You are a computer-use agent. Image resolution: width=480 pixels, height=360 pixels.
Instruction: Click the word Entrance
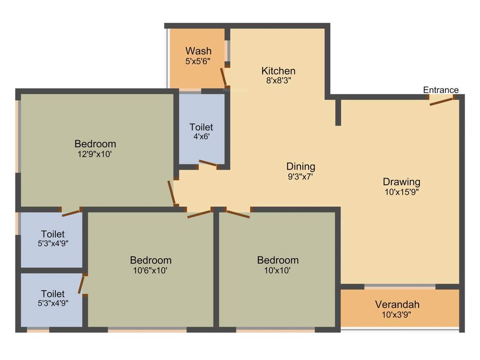441,90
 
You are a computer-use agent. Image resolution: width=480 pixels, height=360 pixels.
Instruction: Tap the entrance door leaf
441,102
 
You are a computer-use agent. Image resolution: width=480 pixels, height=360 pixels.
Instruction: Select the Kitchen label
278,71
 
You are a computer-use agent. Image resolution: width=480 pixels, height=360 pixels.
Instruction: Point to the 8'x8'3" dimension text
278,81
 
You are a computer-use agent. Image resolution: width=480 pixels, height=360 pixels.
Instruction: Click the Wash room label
198,51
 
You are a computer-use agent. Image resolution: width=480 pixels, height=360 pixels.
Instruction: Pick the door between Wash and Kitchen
224,76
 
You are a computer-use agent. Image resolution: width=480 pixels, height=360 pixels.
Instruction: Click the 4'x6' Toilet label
201,127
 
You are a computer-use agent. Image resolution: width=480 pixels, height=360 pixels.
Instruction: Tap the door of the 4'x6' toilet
208,164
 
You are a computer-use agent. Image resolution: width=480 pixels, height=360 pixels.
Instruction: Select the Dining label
300,166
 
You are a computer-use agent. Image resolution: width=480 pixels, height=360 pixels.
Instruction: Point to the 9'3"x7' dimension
300,177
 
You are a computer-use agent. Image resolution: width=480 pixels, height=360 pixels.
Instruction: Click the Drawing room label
401,182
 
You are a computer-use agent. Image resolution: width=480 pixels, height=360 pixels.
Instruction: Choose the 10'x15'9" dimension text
401,192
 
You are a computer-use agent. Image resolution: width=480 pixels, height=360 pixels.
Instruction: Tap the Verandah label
397,305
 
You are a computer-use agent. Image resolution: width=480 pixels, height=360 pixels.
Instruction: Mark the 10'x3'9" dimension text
397,315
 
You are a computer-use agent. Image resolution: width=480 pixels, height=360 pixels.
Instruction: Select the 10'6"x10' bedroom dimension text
150,270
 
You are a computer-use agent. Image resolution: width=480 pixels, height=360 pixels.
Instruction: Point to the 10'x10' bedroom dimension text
277,270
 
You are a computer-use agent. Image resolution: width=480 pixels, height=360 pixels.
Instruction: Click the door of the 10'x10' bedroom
238,214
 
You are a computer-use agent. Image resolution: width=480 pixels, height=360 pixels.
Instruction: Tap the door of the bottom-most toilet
82,284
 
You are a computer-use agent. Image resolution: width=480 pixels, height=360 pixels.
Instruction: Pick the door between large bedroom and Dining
172,193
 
